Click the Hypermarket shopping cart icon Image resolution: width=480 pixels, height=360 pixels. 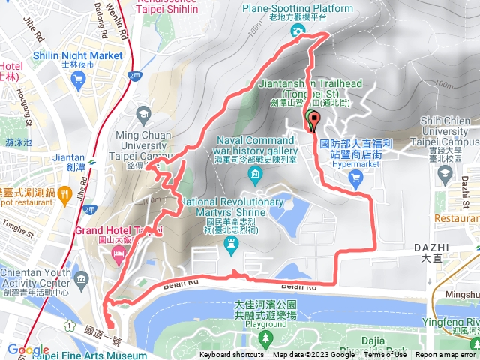(x=355, y=178)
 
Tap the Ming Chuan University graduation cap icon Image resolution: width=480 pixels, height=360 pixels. (x=142, y=114)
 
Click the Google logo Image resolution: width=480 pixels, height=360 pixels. (x=28, y=349)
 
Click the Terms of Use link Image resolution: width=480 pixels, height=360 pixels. (x=384, y=355)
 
